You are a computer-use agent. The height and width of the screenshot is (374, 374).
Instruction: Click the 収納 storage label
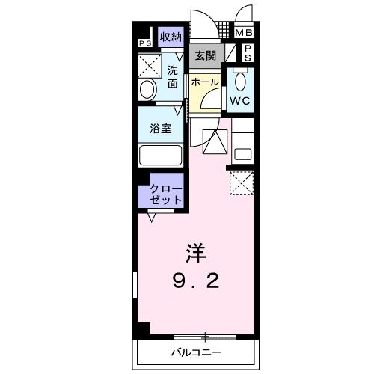click(x=170, y=37)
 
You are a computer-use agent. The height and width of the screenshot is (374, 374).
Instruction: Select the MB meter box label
click(x=245, y=33)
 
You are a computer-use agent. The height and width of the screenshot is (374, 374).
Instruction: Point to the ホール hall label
click(x=204, y=82)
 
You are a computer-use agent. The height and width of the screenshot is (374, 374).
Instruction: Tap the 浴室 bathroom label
click(x=160, y=128)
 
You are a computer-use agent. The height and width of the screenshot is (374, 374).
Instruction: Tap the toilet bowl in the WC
click(x=240, y=80)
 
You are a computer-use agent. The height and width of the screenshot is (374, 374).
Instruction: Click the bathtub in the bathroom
click(x=161, y=157)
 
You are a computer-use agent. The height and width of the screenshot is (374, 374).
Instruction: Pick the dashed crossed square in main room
click(x=242, y=183)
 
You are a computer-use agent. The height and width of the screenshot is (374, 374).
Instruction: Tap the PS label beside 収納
click(x=143, y=43)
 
